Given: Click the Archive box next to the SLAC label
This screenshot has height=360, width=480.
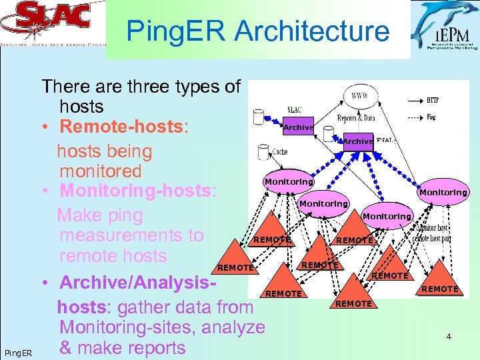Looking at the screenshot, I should (x=298, y=127).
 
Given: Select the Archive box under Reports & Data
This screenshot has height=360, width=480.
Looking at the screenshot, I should (x=358, y=141).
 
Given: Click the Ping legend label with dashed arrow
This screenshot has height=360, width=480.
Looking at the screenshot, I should (x=433, y=117).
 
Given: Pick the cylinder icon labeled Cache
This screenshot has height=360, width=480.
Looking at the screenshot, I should (x=263, y=153).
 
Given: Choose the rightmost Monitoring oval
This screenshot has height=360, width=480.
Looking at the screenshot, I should (x=443, y=192).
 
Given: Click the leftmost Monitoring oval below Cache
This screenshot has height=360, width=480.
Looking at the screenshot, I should (x=289, y=181).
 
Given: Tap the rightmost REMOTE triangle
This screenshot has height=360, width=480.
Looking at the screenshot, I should (x=439, y=283).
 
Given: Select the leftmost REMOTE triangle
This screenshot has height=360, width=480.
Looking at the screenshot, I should (x=235, y=263).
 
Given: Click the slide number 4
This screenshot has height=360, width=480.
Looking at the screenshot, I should (x=449, y=337).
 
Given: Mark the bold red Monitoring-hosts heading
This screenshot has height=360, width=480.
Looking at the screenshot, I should (x=136, y=191).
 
